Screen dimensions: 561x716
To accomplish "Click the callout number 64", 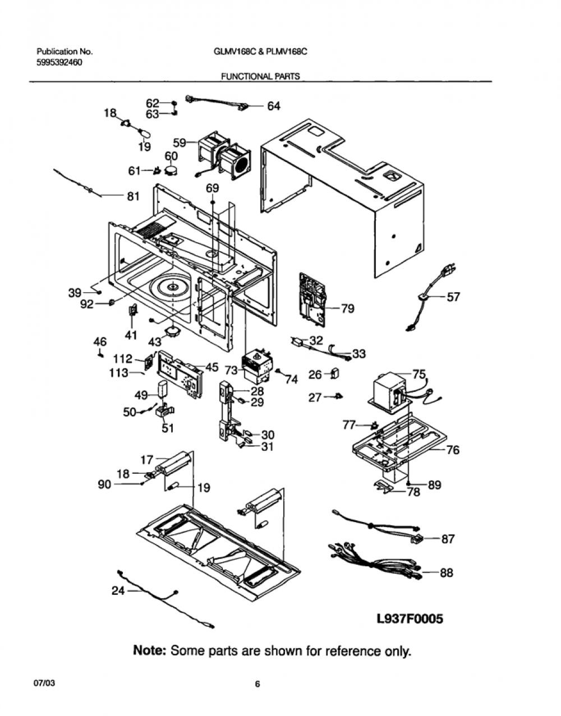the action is point(274,106).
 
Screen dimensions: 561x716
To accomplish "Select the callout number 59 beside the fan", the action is point(180,143).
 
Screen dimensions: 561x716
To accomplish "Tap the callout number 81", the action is point(133,196).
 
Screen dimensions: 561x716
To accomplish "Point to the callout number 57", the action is point(453,297).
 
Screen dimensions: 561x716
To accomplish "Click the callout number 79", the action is point(347,309).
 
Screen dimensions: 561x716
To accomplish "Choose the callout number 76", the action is point(453,450).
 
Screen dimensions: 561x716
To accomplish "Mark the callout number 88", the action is point(447,572).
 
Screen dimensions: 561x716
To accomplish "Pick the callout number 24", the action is point(118,591).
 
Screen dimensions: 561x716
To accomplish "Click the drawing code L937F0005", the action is point(410,619).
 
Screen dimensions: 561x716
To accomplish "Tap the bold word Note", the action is point(150,650).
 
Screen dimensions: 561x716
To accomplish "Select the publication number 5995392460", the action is point(59,62).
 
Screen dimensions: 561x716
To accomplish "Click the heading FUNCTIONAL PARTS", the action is point(260,76).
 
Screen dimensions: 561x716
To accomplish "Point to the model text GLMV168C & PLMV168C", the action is point(260,52).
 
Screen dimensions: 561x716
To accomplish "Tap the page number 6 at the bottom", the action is point(257,685).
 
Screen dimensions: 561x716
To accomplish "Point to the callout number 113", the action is point(119,373).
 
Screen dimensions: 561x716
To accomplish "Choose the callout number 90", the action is point(104,484).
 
